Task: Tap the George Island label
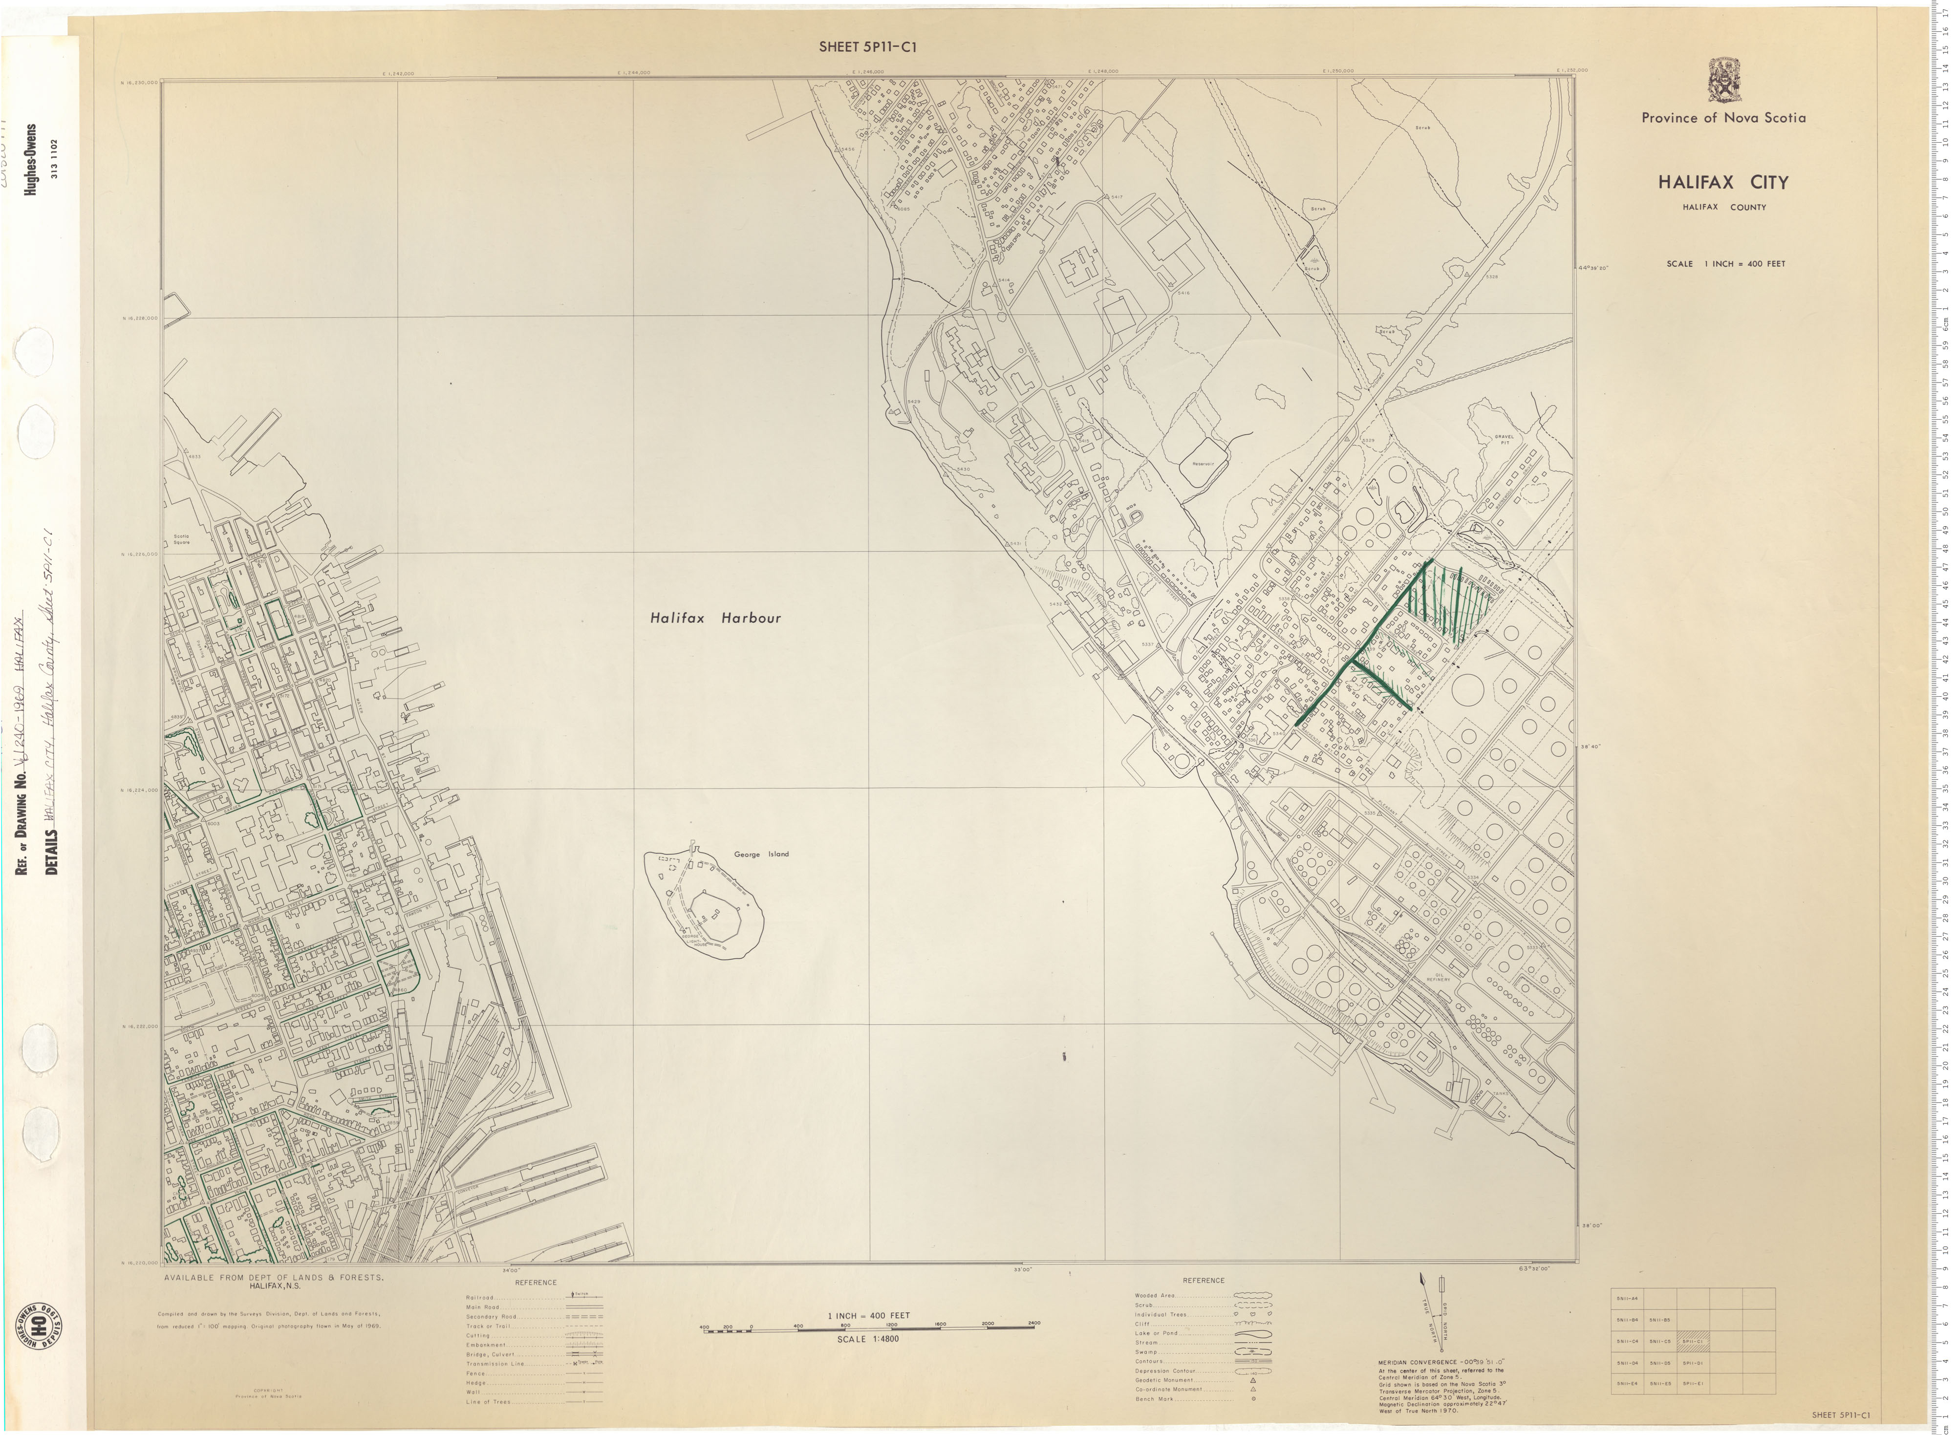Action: [x=761, y=854]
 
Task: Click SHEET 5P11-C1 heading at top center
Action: [x=867, y=48]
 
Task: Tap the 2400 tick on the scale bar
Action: [x=1033, y=1324]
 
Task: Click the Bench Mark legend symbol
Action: [x=1252, y=1398]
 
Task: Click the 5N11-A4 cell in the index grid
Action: [x=1627, y=1299]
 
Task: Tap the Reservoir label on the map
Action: [x=1203, y=464]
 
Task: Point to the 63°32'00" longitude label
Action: [x=1533, y=1269]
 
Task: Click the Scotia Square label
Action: [x=182, y=538]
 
